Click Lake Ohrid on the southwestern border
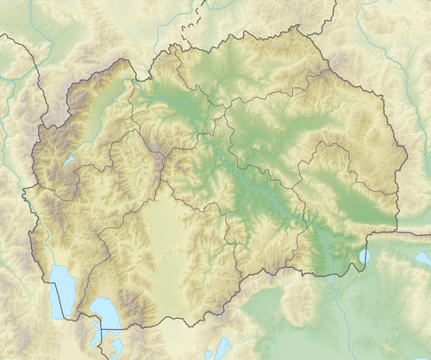coord(61,289)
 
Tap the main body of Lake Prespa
coord(103,312)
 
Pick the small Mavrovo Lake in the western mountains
coord(68,160)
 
